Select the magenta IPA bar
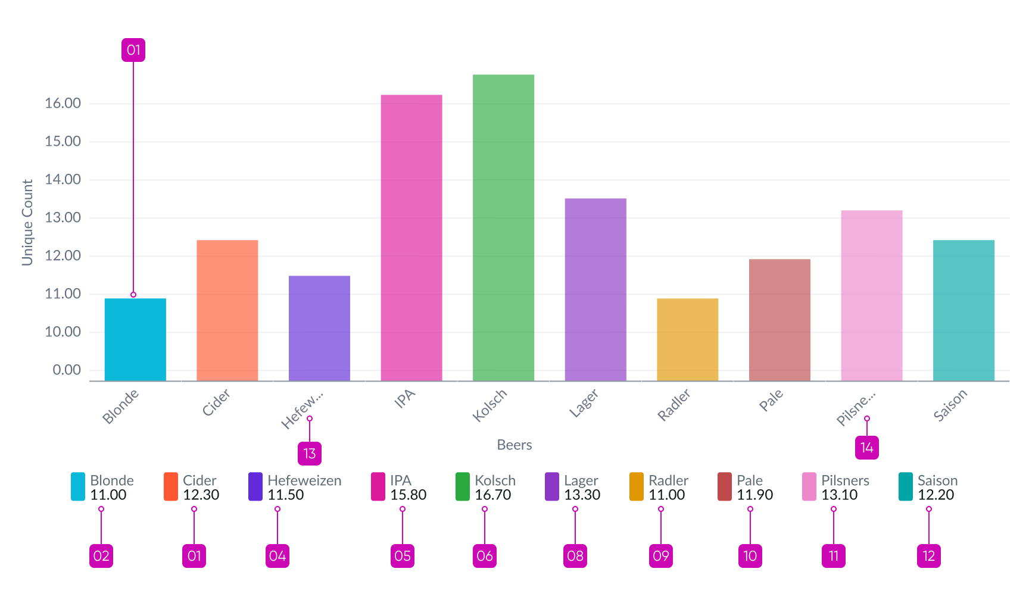pyautogui.click(x=411, y=238)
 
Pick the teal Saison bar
pyautogui.click(x=963, y=310)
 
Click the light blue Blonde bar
pyautogui.click(x=135, y=339)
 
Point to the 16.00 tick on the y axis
pyautogui.click(x=63, y=104)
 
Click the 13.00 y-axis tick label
pyautogui.click(x=63, y=218)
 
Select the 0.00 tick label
pyautogui.click(x=66, y=370)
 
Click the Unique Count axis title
pyautogui.click(x=27, y=223)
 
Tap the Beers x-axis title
pyautogui.click(x=514, y=445)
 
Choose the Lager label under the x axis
pyautogui.click(x=584, y=403)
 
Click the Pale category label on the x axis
pyautogui.click(x=771, y=401)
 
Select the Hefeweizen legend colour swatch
pyautogui.click(x=255, y=486)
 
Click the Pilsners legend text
pyautogui.click(x=845, y=480)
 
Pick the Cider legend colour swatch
pyautogui.click(x=171, y=486)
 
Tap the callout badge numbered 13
pyautogui.click(x=310, y=454)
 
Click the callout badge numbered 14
pyautogui.click(x=867, y=448)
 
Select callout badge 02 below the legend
pyautogui.click(x=101, y=556)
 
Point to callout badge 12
pyautogui.click(x=929, y=556)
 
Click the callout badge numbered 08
pyautogui.click(x=575, y=556)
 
